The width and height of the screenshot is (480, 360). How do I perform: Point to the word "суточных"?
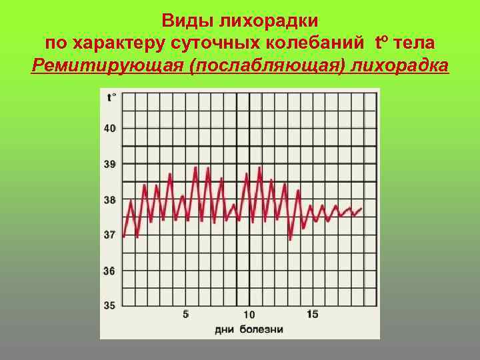213,43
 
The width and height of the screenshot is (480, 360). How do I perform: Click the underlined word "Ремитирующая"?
107,67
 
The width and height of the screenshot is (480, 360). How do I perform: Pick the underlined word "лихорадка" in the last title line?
401,67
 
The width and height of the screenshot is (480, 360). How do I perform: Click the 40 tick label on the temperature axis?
110,128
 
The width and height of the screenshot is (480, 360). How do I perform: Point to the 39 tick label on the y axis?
110,163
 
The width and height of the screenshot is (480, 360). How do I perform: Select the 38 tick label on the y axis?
110,199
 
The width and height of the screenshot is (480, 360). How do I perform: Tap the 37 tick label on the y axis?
110,235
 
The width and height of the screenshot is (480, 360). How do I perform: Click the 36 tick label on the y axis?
110,271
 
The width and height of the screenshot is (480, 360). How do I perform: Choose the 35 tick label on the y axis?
110,305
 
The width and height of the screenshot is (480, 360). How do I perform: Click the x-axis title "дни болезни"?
249,329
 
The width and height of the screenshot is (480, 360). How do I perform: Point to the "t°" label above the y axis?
111,97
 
